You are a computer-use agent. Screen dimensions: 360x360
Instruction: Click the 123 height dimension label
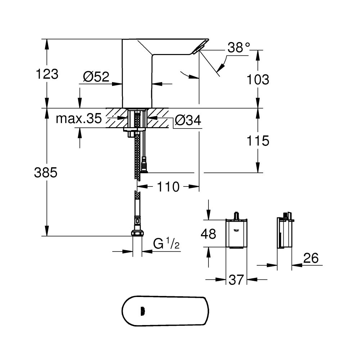47,75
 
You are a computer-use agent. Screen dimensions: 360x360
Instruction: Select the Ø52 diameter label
96,77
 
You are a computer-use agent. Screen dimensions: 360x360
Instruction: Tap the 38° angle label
238,48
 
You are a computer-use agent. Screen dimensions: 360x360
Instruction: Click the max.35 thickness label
78,119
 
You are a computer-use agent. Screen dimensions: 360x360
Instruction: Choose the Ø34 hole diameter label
188,121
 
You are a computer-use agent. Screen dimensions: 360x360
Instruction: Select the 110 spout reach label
167,186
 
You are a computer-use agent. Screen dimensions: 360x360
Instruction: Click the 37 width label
236,279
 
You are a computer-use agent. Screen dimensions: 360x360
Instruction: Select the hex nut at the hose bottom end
137,233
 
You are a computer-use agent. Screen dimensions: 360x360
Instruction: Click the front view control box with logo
236,233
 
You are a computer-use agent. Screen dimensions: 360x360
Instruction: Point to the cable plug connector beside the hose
144,166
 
